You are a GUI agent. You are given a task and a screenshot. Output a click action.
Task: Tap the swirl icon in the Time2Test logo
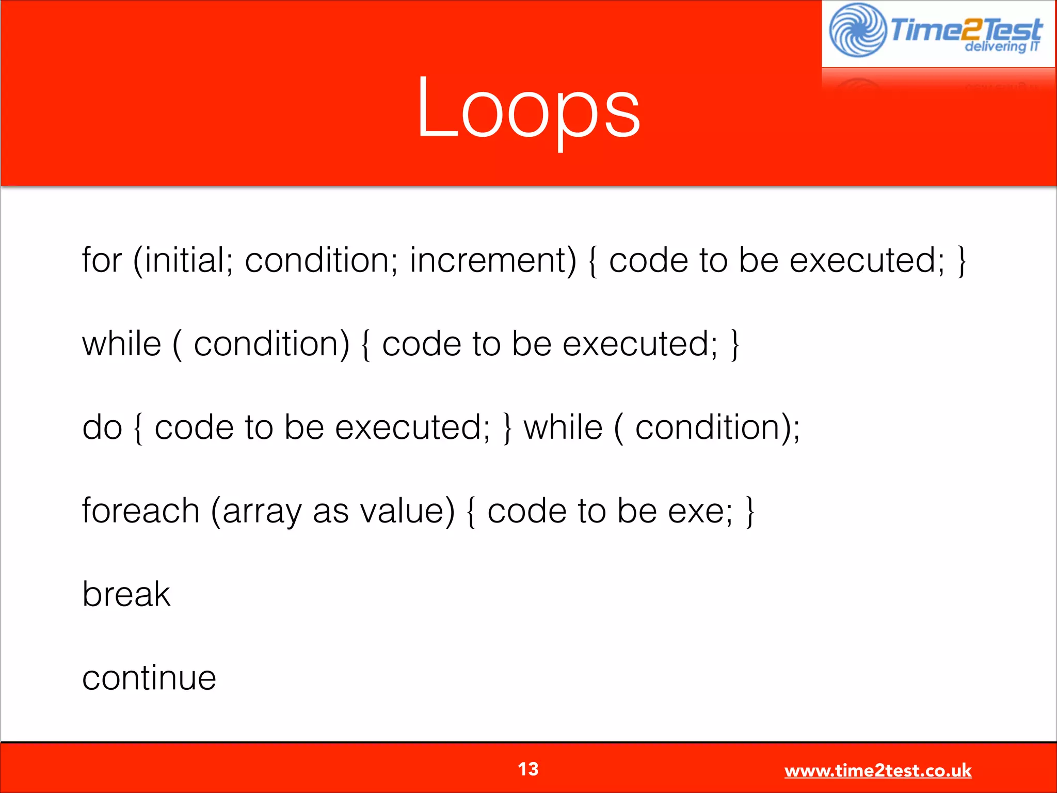(857, 30)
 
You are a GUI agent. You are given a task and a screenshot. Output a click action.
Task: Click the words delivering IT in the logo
(1001, 47)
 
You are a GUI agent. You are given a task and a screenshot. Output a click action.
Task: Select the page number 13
(528, 769)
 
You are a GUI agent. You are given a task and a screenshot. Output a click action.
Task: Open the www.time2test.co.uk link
(877, 771)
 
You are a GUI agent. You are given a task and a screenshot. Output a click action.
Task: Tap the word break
(126, 594)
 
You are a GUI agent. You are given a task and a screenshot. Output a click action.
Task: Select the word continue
(149, 678)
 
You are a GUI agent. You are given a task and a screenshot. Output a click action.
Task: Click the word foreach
(140, 511)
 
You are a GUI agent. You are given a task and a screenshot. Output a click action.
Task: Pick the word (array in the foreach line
(255, 511)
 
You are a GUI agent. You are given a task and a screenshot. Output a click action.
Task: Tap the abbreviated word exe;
(700, 511)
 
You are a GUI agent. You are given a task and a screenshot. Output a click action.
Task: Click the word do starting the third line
(102, 427)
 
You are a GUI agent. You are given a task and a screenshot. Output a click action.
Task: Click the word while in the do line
(563, 427)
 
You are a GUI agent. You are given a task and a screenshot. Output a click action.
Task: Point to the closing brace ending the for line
(961, 261)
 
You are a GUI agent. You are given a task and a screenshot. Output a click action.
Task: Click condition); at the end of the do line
(717, 427)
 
